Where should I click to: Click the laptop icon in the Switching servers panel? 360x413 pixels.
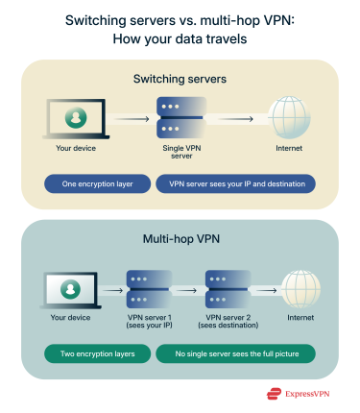click(x=71, y=119)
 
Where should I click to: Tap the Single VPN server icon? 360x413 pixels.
click(x=179, y=119)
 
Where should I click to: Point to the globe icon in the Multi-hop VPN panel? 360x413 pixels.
click(x=300, y=285)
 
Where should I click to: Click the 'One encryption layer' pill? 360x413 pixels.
click(x=98, y=183)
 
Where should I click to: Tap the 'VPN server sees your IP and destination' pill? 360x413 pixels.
click(x=234, y=183)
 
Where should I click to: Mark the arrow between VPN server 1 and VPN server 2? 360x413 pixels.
click(x=187, y=285)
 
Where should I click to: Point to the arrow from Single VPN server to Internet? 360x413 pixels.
click(x=235, y=119)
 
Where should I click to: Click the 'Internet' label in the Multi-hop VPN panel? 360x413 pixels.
click(x=300, y=317)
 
